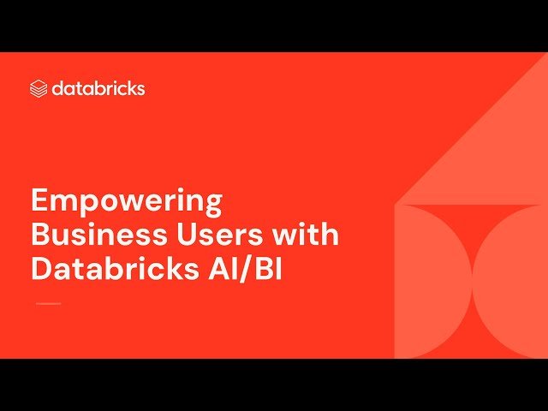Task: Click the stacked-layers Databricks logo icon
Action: pyautogui.click(x=39, y=88)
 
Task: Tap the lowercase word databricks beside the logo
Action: pyautogui.click(x=98, y=88)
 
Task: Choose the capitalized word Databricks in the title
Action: pyautogui.click(x=115, y=267)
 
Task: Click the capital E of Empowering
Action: pyautogui.click(x=40, y=203)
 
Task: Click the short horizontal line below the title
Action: pyautogui.click(x=48, y=303)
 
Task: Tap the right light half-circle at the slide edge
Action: pyautogui.click(x=514, y=283)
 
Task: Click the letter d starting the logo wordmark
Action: pyautogui.click(x=57, y=88)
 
